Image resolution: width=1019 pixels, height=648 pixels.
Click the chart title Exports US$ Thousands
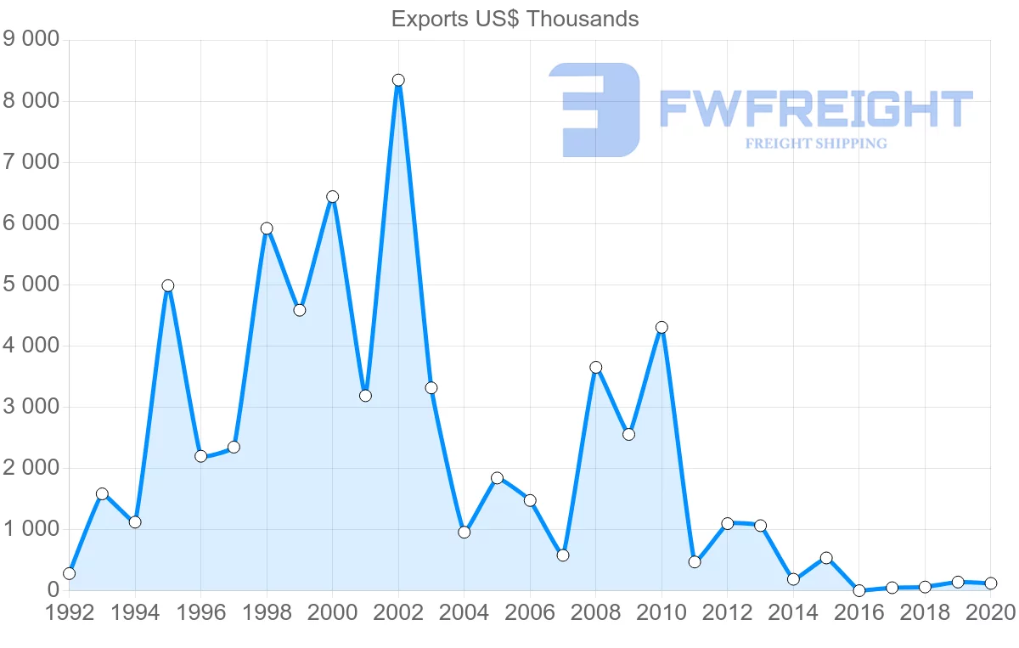(x=515, y=19)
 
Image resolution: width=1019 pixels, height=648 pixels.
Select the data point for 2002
(x=398, y=80)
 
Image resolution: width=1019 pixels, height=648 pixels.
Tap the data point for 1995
(x=168, y=285)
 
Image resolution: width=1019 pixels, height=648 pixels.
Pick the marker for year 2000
(x=332, y=196)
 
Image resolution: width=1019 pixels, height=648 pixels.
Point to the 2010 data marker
(x=662, y=327)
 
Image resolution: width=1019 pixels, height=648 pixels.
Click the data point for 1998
(x=267, y=228)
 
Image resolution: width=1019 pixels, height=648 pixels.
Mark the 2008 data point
(x=596, y=367)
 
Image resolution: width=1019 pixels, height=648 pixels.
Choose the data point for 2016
(x=859, y=590)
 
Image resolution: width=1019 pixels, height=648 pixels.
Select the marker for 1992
(x=69, y=573)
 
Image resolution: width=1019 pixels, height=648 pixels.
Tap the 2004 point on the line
(x=464, y=532)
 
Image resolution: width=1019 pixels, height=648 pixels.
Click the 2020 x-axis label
(x=990, y=612)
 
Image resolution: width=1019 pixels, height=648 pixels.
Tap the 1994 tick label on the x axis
(x=135, y=612)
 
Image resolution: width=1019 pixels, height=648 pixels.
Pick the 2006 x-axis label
(x=530, y=612)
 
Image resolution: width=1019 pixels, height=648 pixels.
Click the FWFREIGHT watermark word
(x=815, y=110)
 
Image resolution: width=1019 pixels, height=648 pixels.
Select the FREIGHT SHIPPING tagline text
(x=815, y=144)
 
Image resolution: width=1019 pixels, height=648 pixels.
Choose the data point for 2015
(x=826, y=558)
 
